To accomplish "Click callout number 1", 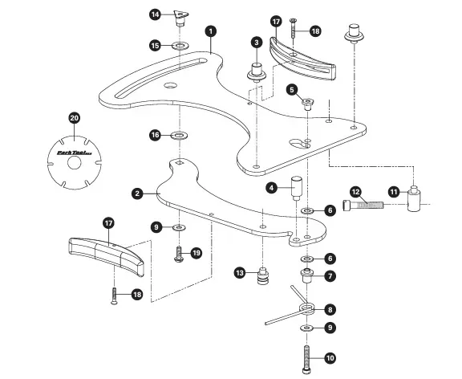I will [x=210, y=31].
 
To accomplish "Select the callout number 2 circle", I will [x=138, y=193].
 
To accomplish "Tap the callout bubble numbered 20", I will [x=74, y=118].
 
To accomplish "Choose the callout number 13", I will [x=240, y=273].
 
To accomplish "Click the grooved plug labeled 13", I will [x=261, y=277].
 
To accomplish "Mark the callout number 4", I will [x=272, y=187].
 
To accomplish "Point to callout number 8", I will [x=330, y=309].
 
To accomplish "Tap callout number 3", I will [x=257, y=42].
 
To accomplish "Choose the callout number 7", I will [x=330, y=276].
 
